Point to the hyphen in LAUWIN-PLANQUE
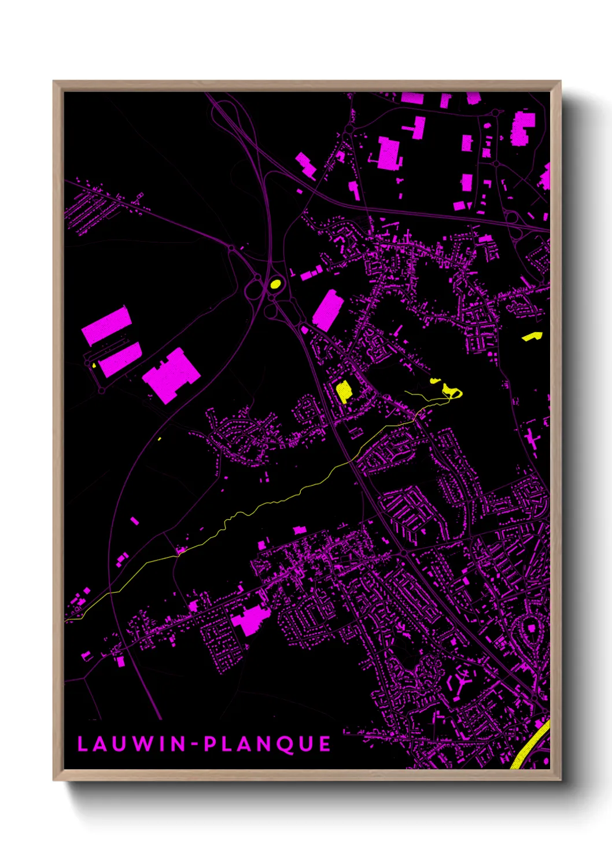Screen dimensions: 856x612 coord(196,744)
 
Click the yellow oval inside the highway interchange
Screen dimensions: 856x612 coord(275,284)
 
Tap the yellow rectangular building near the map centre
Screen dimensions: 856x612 coord(344,391)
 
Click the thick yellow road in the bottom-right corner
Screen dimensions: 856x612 coord(531,746)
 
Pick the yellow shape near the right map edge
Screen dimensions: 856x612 coord(532,336)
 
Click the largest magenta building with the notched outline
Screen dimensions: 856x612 coord(171,375)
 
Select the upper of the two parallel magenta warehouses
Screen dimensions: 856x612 coord(106,326)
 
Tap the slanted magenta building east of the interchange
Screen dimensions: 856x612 coord(328,310)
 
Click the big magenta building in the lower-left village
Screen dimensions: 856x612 coord(250,621)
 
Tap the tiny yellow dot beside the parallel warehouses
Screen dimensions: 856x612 coord(94,365)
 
